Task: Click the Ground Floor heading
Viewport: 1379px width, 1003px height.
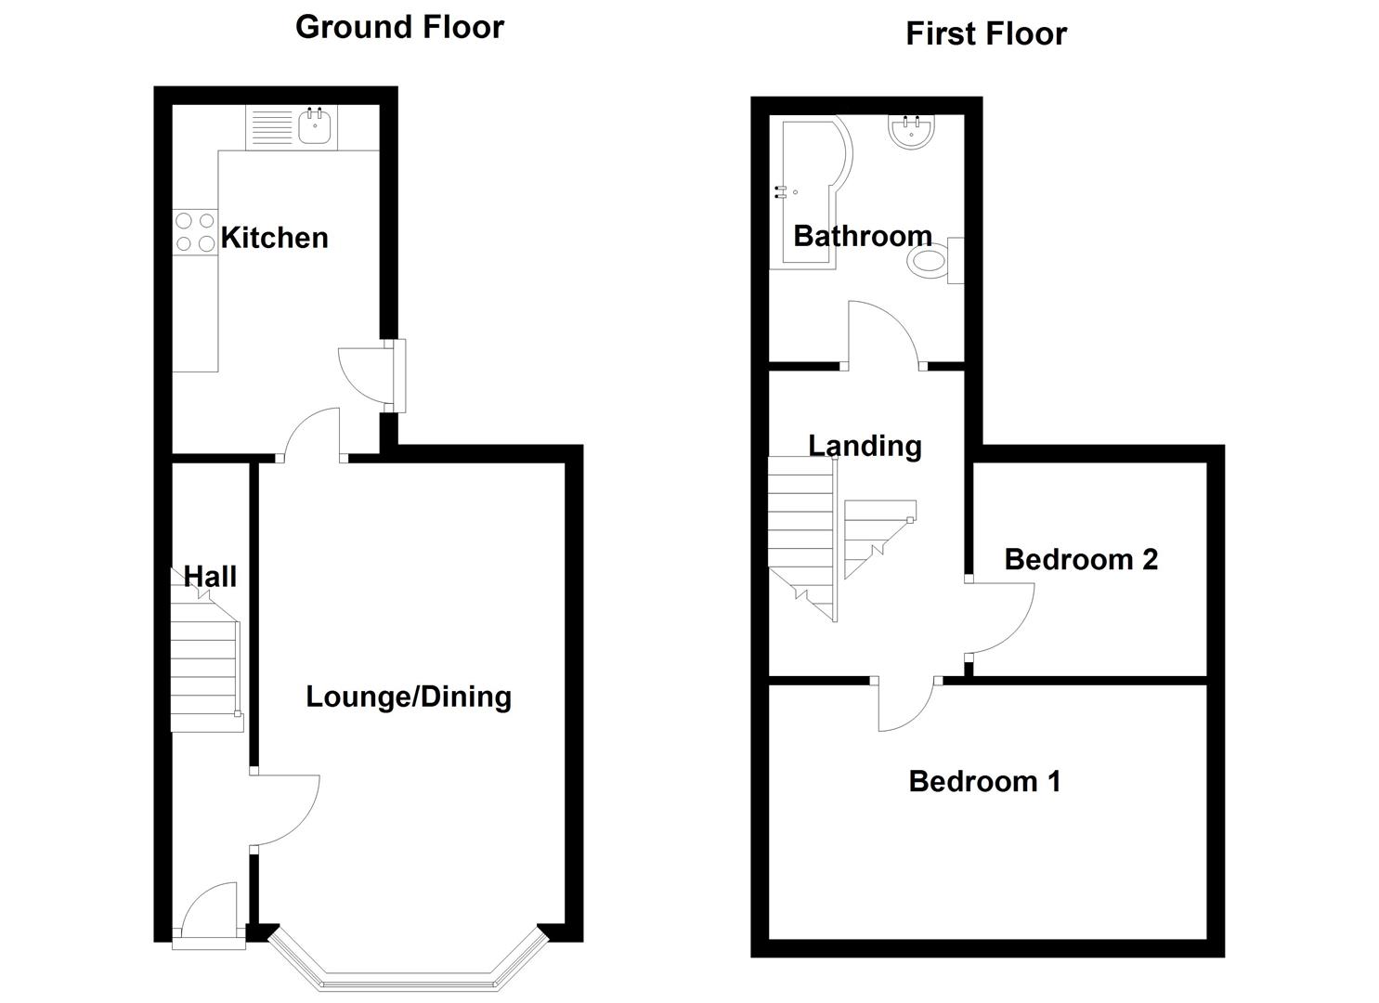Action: pyautogui.click(x=399, y=28)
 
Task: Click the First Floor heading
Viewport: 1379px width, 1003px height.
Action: pyautogui.click(x=986, y=33)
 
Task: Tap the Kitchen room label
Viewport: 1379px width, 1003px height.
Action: pyautogui.click(x=274, y=238)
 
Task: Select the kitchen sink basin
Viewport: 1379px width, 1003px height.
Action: pyautogui.click(x=315, y=126)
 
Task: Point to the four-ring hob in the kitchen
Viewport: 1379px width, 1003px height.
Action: pyautogui.click(x=195, y=232)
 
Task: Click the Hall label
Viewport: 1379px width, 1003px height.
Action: pyautogui.click(x=210, y=577)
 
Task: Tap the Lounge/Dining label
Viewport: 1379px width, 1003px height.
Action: pyautogui.click(x=409, y=697)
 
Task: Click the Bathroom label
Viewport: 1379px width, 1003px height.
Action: pyautogui.click(x=863, y=237)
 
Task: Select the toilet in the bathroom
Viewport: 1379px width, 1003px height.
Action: pyautogui.click(x=934, y=261)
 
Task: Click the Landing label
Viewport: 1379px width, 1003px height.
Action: pyautogui.click(x=865, y=447)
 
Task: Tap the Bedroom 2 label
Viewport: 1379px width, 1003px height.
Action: pyautogui.click(x=1081, y=560)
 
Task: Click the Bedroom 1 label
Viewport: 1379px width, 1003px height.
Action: pyautogui.click(x=985, y=782)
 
